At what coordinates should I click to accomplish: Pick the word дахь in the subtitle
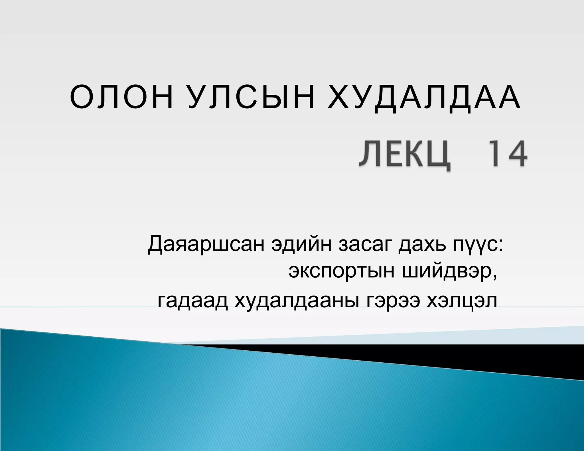pos(422,245)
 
